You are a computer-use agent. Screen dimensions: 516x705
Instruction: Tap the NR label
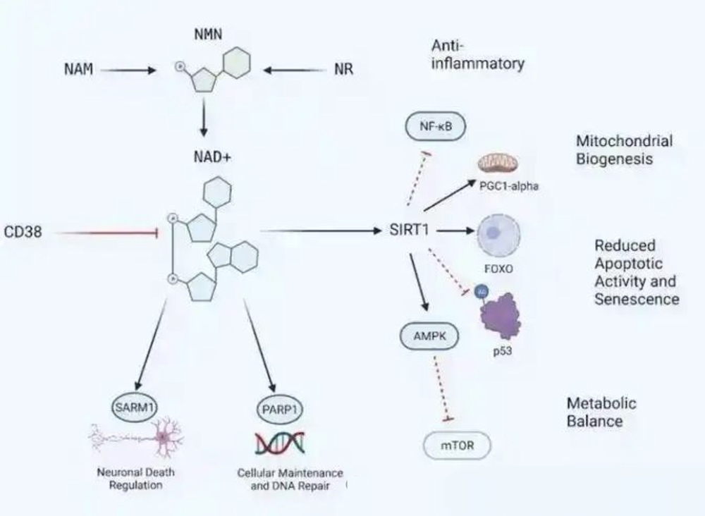click(343, 70)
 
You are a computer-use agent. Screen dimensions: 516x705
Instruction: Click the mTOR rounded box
click(456, 446)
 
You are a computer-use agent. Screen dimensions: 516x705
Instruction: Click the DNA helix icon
click(280, 443)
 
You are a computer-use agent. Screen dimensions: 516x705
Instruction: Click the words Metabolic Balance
click(601, 412)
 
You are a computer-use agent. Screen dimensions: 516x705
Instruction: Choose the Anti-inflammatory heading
click(477, 55)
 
